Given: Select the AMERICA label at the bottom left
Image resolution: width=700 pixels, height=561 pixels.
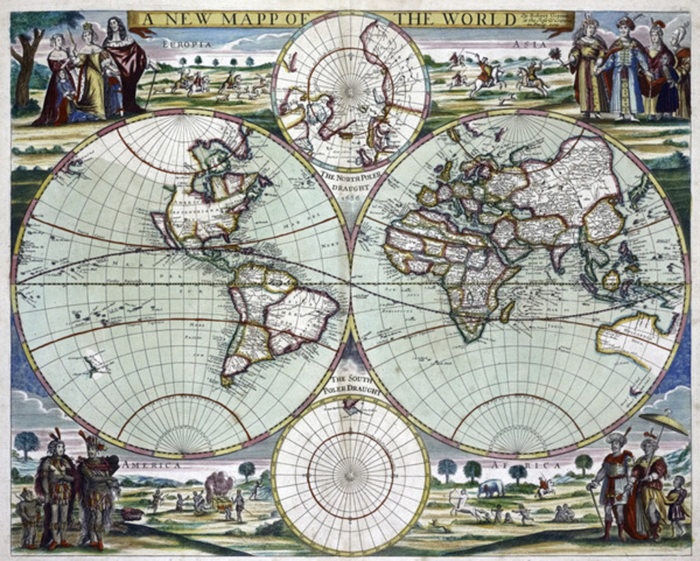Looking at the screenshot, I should [151, 465].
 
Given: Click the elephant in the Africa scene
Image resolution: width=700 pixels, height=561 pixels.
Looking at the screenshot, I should [491, 488].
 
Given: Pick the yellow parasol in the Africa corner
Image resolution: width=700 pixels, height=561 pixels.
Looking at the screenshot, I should [664, 424].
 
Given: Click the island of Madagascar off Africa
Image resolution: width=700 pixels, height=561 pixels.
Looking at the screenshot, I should [507, 312].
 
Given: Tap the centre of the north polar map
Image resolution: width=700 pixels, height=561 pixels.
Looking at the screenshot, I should [351, 90].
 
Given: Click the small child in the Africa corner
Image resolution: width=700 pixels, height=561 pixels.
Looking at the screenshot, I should [677, 506].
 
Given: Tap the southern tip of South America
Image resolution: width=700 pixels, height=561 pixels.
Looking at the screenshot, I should [228, 380].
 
